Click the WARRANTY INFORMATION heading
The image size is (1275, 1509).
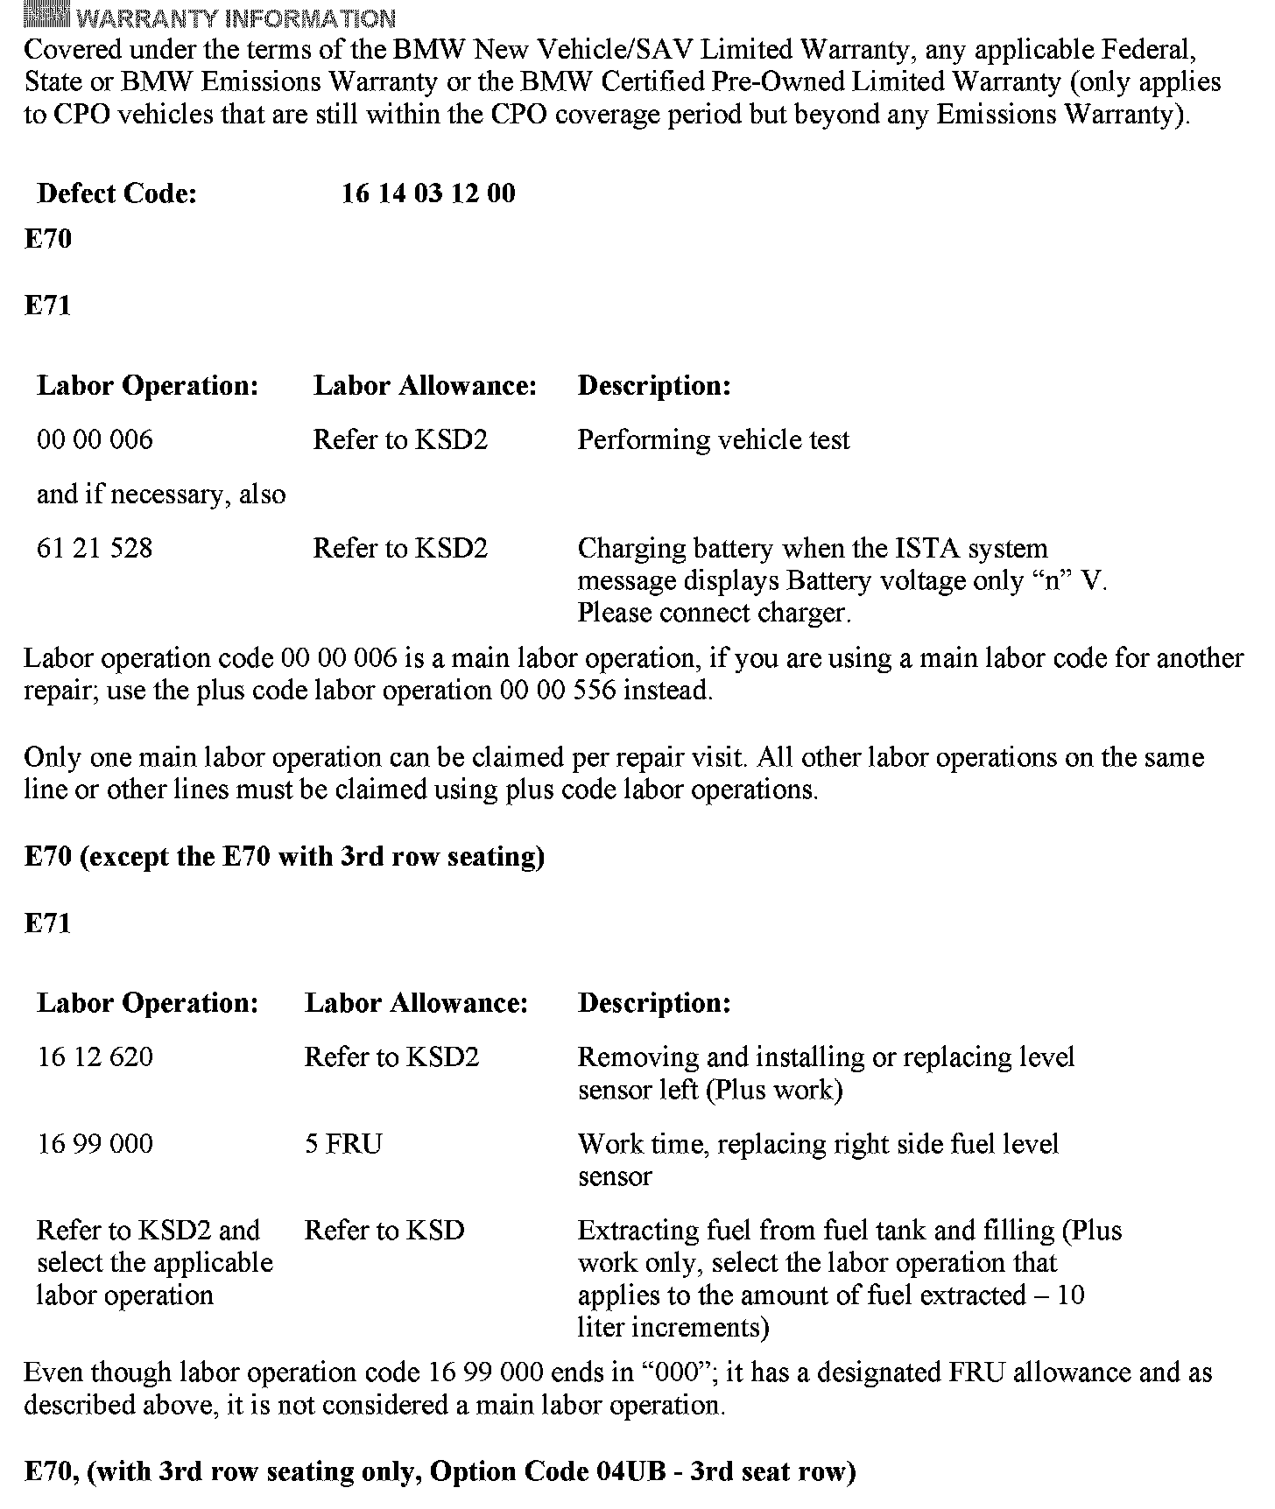[236, 18]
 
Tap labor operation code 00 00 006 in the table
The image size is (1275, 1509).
[95, 439]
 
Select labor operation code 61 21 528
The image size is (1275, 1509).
[95, 549]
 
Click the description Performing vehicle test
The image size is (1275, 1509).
[713, 439]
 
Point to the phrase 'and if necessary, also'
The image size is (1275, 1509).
[161, 495]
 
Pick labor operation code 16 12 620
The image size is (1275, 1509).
[95, 1057]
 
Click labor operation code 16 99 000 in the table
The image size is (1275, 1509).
[95, 1144]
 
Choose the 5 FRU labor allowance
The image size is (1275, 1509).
[343, 1144]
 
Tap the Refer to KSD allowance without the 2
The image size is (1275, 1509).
[384, 1231]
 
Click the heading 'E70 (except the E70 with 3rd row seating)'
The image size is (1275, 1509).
[285, 856]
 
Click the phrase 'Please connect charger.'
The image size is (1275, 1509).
[714, 613]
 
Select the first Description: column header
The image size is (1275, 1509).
[654, 385]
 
